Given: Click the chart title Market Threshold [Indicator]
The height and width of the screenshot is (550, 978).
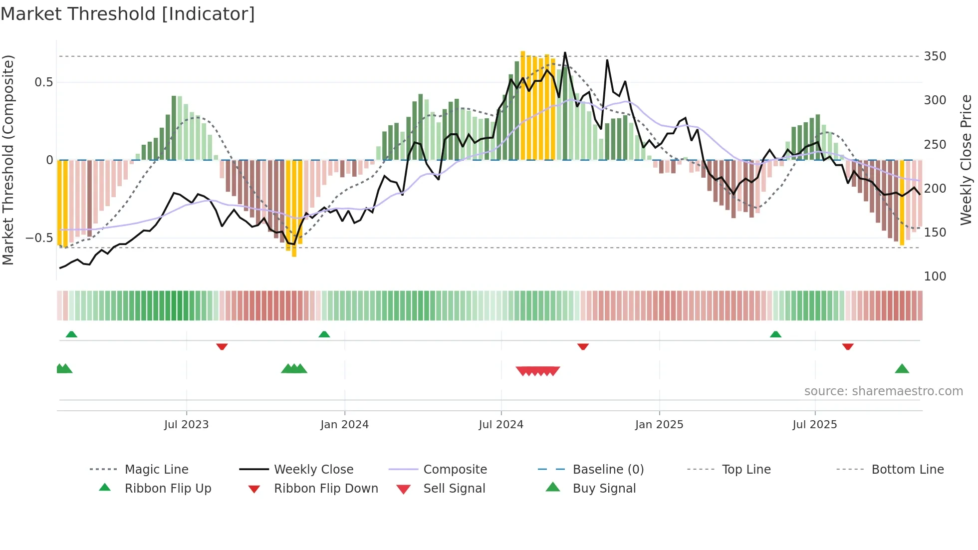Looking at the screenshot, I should click(x=128, y=14).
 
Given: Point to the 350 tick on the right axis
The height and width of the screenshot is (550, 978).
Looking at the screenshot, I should click(x=935, y=56).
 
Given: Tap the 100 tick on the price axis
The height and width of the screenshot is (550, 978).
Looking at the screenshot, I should click(x=935, y=276).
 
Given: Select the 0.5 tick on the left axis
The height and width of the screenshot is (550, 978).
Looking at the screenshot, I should click(x=43, y=82).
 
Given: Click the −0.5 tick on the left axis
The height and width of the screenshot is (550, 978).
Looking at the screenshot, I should click(x=39, y=238).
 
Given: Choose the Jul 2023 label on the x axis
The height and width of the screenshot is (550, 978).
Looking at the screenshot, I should click(x=186, y=425).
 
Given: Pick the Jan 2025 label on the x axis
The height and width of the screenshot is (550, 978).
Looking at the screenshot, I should click(x=659, y=425).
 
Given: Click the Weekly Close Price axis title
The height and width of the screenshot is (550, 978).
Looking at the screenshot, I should click(x=966, y=160).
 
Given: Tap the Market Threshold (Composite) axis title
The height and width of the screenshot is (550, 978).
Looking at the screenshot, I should click(x=8, y=160).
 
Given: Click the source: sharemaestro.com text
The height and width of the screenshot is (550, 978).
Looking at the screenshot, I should click(x=883, y=391).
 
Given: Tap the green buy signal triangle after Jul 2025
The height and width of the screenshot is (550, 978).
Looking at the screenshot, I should click(x=902, y=369).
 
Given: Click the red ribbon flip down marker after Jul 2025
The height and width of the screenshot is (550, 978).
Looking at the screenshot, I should click(x=848, y=346).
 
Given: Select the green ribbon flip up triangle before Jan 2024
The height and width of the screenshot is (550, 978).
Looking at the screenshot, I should click(x=324, y=334).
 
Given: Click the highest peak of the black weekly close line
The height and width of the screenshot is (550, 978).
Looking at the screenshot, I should click(x=565, y=53).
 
